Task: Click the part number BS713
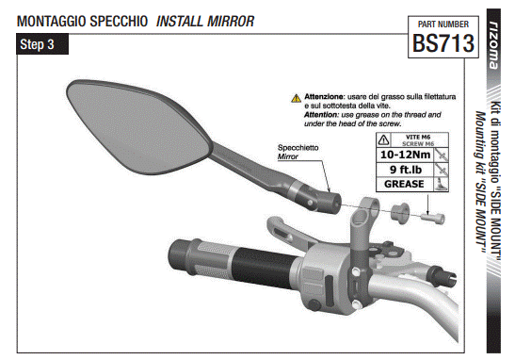point(442,42)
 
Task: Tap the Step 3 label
point(38,44)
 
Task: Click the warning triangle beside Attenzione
point(296,97)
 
